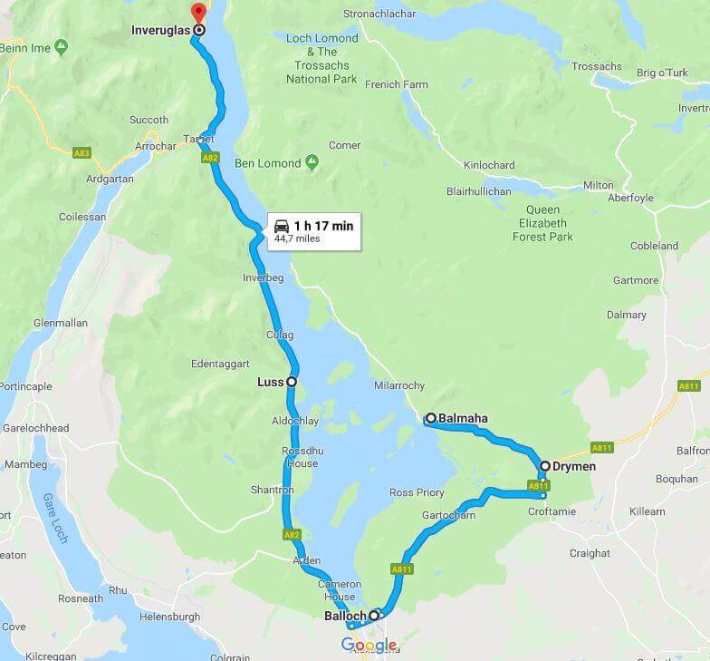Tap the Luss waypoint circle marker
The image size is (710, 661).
pyautogui.click(x=292, y=382)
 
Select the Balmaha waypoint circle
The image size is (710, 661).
pyautogui.click(x=431, y=418)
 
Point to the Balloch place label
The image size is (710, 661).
pyautogui.click(x=344, y=616)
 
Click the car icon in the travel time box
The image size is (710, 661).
pyautogui.click(x=282, y=226)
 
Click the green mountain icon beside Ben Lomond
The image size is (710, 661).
pyautogui.click(x=312, y=163)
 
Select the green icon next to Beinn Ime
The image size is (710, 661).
pyautogui.click(x=61, y=45)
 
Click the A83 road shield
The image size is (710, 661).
pyautogui.click(x=82, y=153)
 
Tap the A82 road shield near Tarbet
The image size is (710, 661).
pyautogui.click(x=210, y=158)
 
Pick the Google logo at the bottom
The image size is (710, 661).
pyautogui.click(x=369, y=645)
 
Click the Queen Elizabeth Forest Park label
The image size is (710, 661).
pyautogui.click(x=543, y=223)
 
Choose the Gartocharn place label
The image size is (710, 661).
pyautogui.click(x=448, y=515)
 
